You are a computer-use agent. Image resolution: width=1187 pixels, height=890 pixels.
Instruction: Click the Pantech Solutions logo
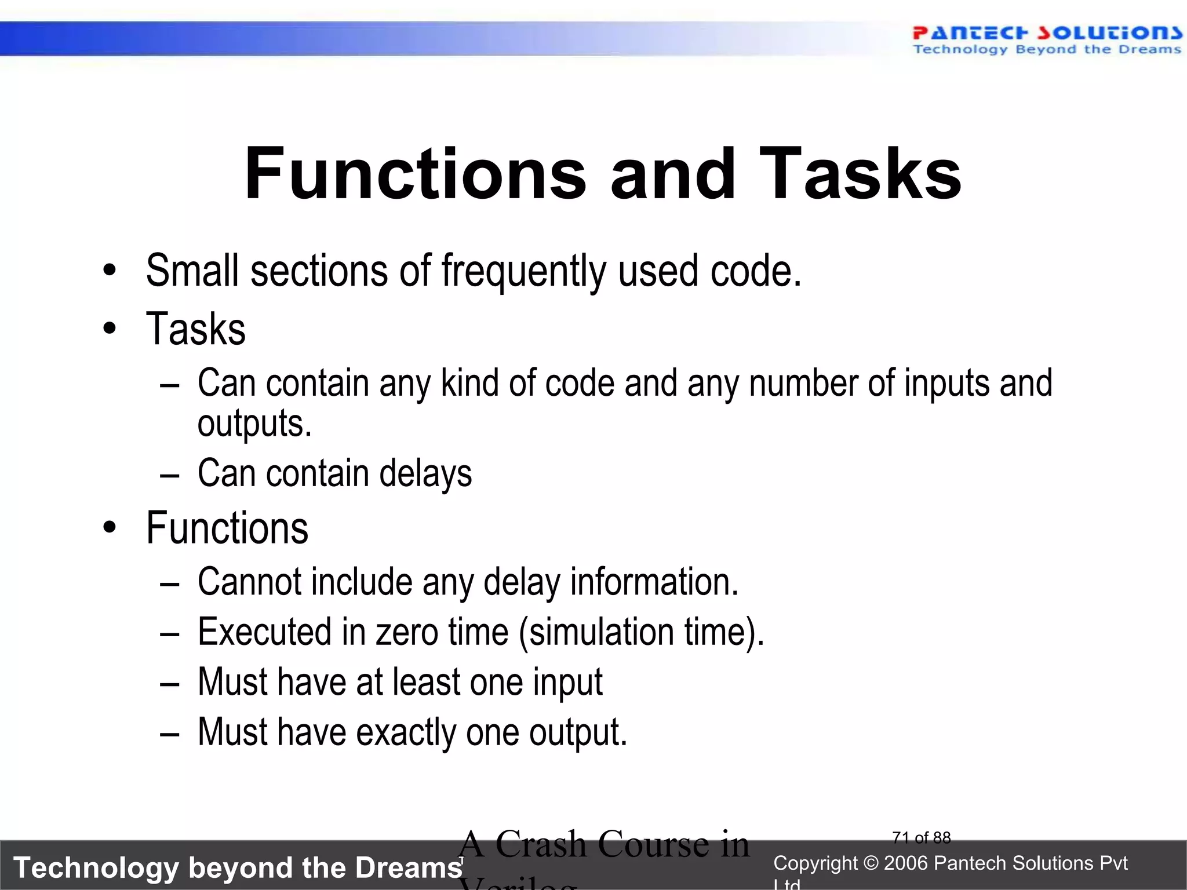1046,39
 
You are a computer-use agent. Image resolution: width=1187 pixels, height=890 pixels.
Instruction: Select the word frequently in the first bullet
524,271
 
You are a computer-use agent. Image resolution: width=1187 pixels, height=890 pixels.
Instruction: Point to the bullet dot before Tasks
110,329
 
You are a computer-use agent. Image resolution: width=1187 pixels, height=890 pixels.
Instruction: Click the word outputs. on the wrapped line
254,424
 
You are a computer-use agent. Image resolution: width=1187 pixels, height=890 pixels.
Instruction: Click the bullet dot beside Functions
110,528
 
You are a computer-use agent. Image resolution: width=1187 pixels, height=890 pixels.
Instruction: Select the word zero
406,632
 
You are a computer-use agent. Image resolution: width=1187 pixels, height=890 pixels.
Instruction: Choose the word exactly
406,732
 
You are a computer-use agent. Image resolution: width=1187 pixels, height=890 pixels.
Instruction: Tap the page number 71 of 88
922,838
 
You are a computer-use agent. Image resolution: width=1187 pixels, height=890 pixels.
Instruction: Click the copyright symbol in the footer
870,863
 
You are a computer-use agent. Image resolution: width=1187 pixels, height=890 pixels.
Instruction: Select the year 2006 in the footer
906,863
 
